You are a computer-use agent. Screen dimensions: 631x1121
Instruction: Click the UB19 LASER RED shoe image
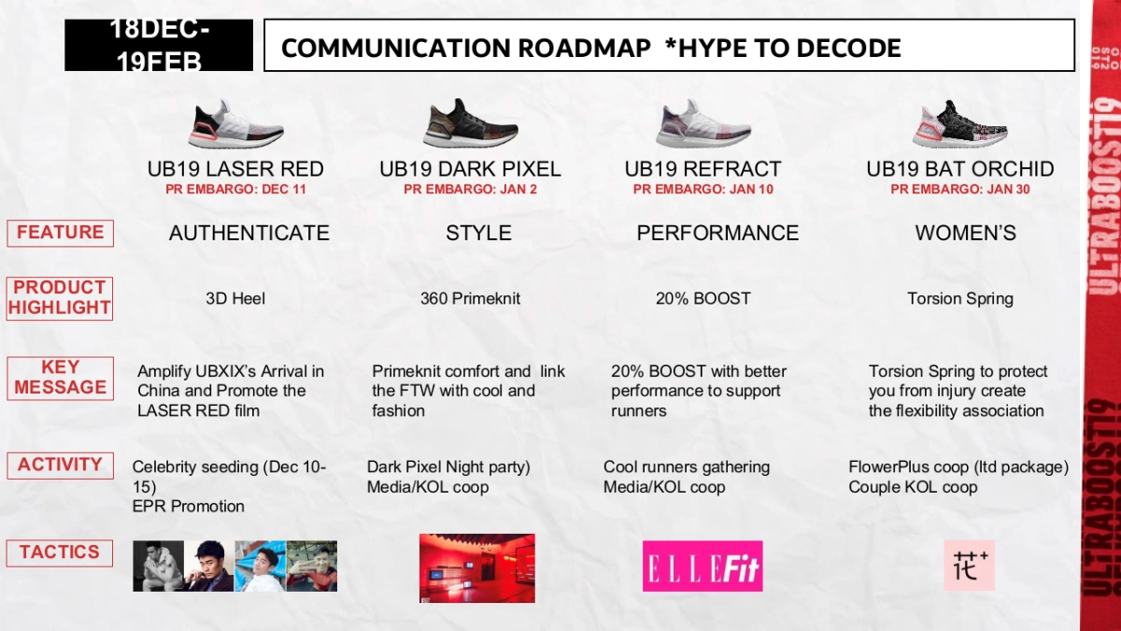click(x=235, y=124)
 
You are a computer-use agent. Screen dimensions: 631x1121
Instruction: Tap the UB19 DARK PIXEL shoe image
click(x=470, y=123)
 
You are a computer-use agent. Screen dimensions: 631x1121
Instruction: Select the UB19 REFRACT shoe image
click(x=702, y=124)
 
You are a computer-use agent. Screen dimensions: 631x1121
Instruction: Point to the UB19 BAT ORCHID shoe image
click(x=959, y=124)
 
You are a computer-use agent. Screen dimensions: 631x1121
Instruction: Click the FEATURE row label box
click(x=60, y=233)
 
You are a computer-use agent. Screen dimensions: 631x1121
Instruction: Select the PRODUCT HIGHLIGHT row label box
click(x=60, y=298)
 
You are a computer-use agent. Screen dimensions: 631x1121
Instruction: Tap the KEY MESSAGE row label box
click(x=60, y=378)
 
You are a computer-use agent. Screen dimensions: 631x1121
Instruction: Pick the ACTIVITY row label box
click(x=60, y=465)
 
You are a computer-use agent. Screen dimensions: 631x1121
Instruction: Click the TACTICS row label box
click(x=60, y=552)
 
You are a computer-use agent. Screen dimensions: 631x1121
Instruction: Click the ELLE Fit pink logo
click(x=702, y=566)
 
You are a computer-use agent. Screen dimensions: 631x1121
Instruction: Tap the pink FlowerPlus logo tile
click(x=969, y=565)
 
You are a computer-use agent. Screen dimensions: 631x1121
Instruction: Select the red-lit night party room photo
click(x=476, y=567)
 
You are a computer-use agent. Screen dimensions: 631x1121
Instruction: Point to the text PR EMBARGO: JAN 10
click(x=702, y=190)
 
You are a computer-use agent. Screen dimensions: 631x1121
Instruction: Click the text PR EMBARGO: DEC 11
click(x=235, y=190)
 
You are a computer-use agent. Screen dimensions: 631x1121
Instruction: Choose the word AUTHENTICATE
click(x=248, y=233)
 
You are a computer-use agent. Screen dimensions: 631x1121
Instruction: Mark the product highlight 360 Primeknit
click(x=470, y=299)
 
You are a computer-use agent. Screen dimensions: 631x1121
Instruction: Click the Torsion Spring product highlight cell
click(x=959, y=299)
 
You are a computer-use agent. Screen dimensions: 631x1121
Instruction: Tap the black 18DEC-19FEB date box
click(x=159, y=45)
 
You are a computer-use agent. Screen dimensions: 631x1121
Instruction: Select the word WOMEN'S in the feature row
click(x=965, y=233)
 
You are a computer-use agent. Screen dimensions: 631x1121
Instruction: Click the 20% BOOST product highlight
click(x=702, y=299)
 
